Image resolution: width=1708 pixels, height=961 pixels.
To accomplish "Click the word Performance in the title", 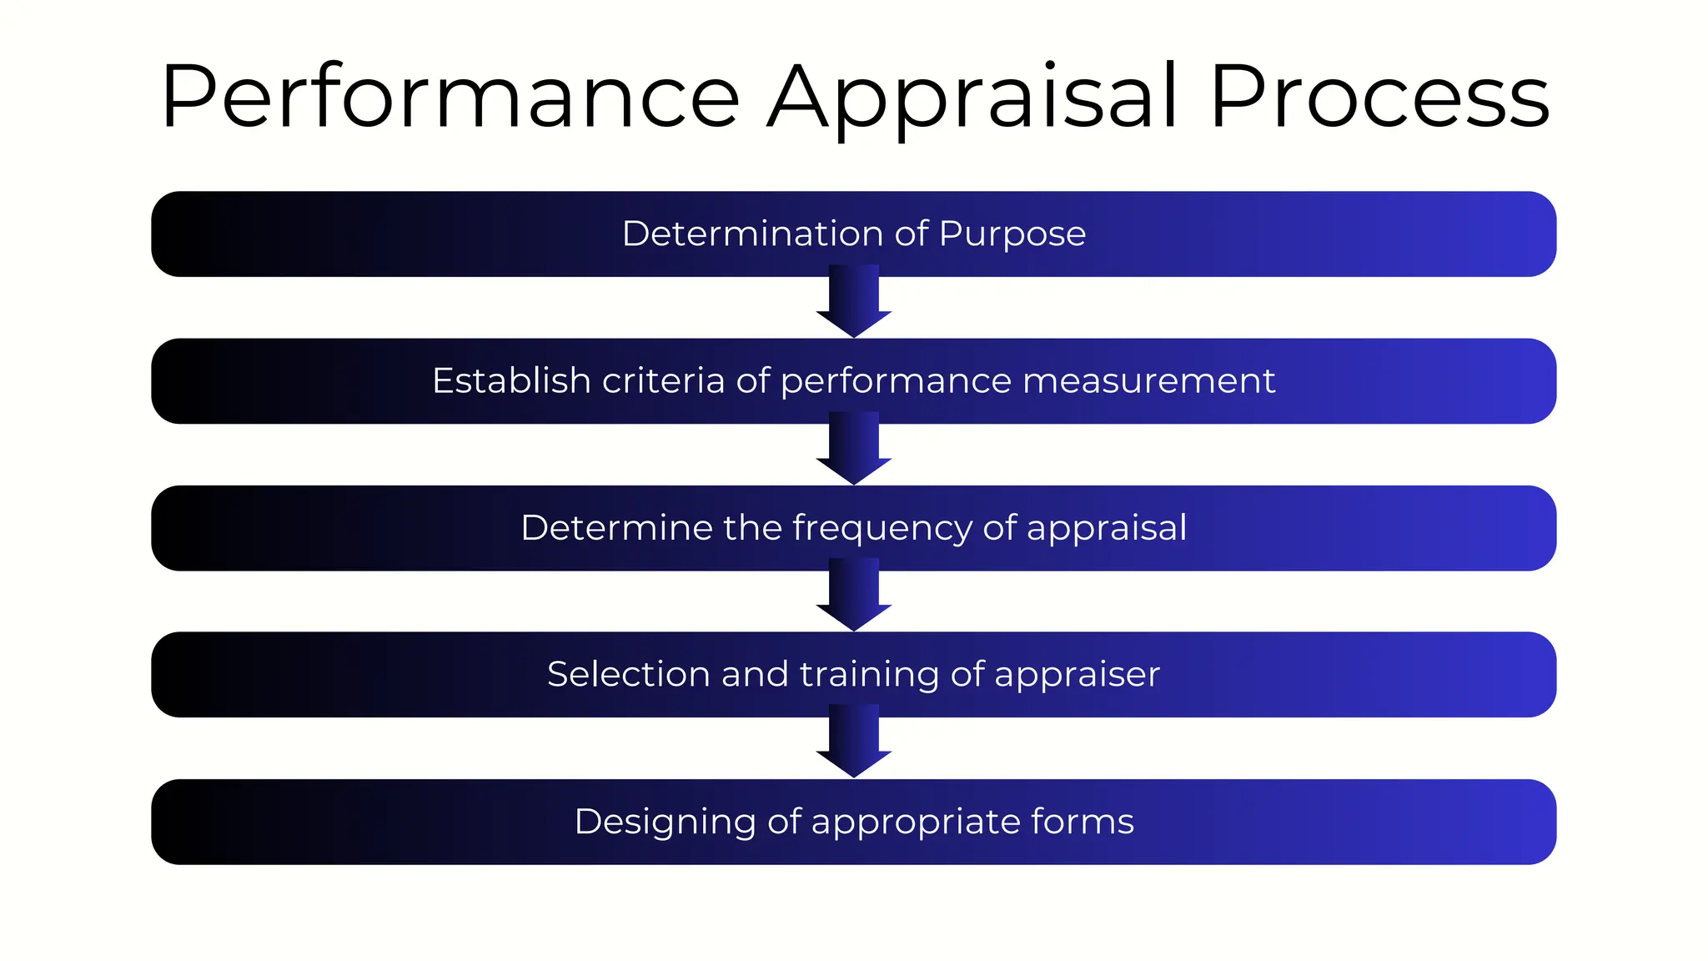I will (450, 98).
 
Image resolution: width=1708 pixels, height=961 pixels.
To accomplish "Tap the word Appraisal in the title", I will (972, 98).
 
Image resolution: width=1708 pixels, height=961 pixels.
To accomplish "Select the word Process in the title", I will (1379, 98).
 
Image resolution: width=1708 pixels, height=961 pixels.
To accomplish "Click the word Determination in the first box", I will (752, 234).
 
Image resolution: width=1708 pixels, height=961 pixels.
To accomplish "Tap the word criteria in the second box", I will (663, 381).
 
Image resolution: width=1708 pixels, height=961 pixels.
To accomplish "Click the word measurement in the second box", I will (1148, 381).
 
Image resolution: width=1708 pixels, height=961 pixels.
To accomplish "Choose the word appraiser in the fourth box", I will (1077, 675).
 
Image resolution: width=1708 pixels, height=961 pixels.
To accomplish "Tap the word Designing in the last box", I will (665, 823).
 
